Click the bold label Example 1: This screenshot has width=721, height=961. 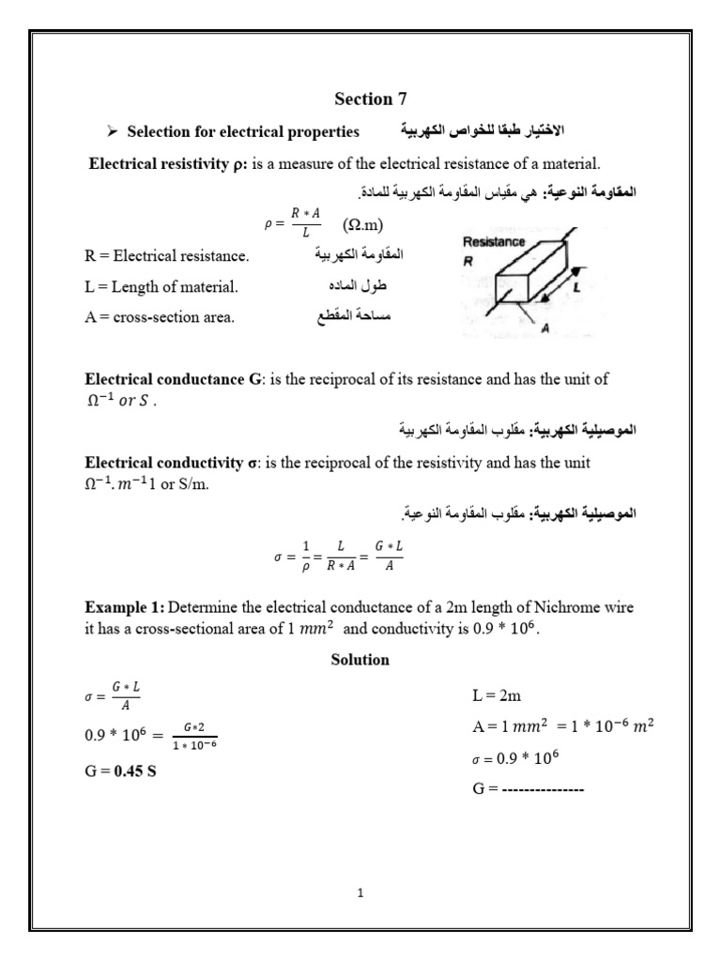pyautogui.click(x=122, y=607)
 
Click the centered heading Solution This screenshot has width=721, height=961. pyautogui.click(x=360, y=660)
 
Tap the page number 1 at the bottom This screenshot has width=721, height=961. pyautogui.click(x=360, y=892)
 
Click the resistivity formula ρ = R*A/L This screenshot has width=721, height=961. pyautogui.click(x=291, y=225)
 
